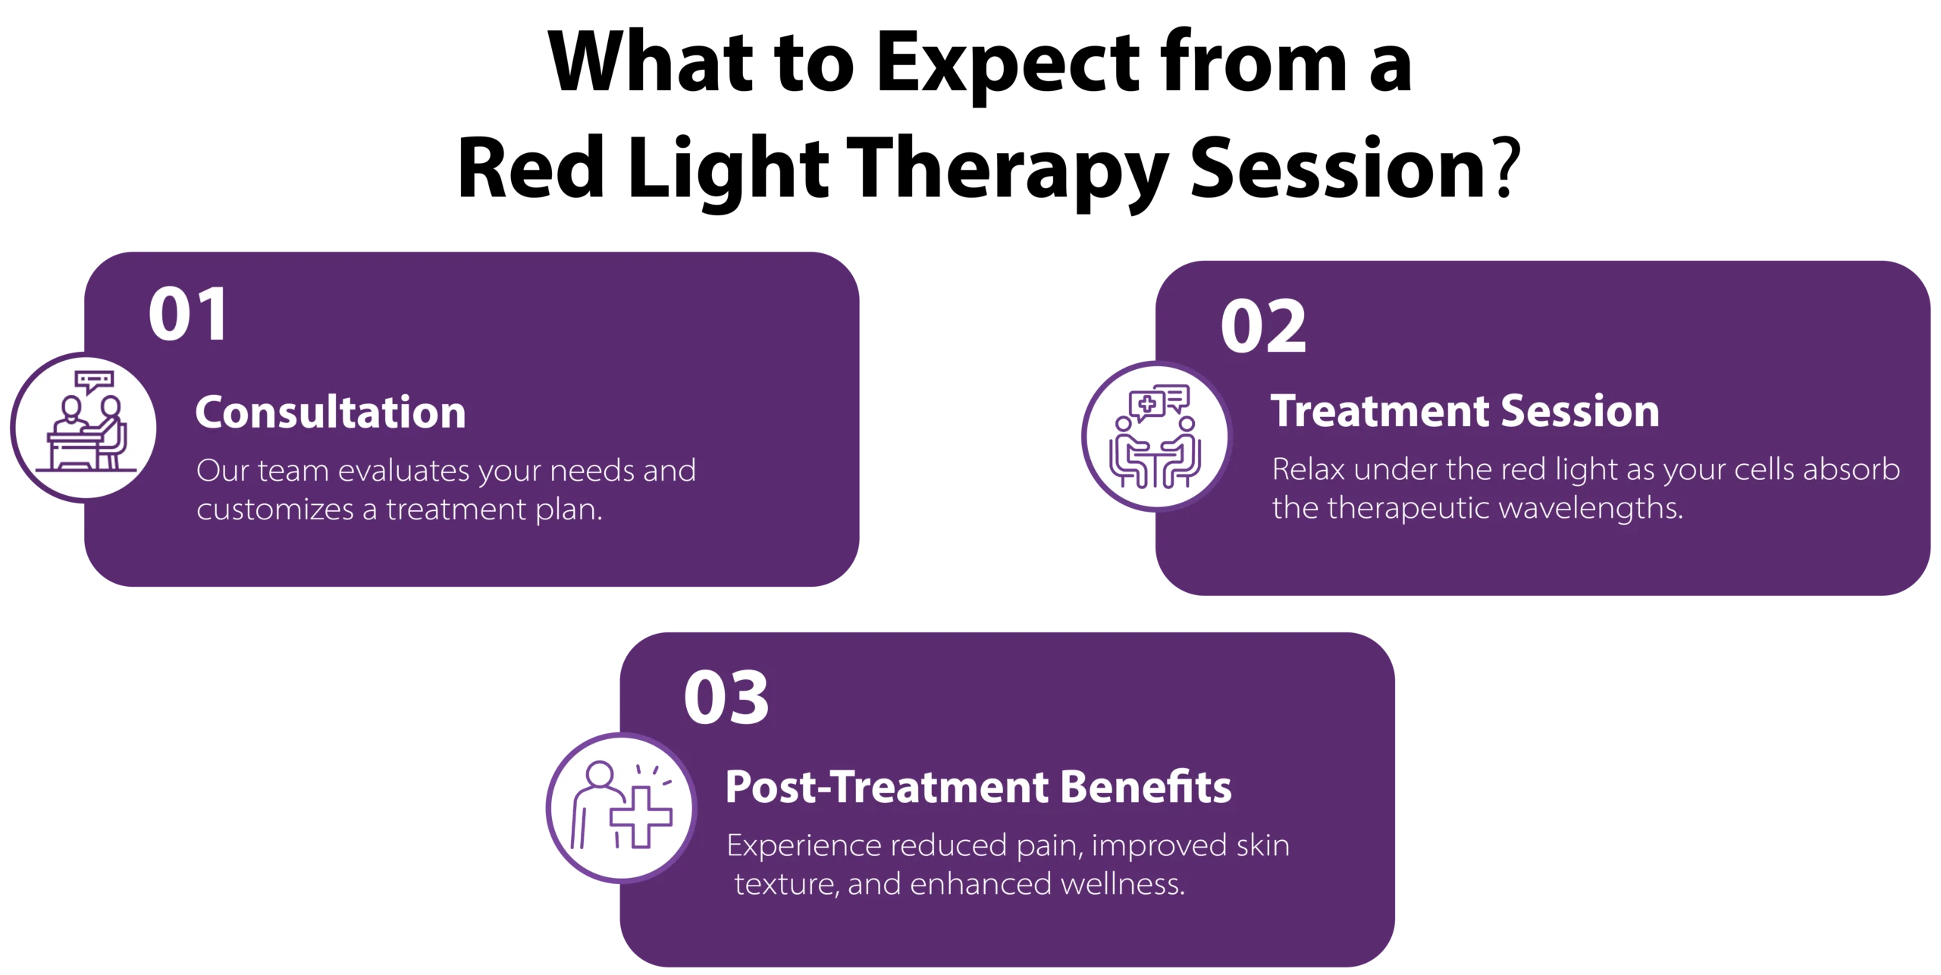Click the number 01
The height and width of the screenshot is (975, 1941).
188,315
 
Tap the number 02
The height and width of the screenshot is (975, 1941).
1263,327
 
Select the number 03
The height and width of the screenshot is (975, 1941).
726,698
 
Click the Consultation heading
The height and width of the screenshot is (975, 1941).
331,412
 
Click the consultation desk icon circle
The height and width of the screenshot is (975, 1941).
86,428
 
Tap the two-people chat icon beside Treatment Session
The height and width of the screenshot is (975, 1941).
1156,437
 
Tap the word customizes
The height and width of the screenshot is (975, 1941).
274,509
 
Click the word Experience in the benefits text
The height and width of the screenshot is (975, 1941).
803,845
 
